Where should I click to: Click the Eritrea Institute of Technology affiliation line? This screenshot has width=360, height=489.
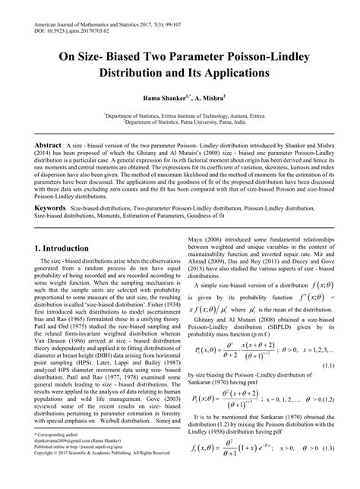point(180,115)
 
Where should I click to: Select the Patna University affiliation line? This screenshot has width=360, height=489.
point(180,122)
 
